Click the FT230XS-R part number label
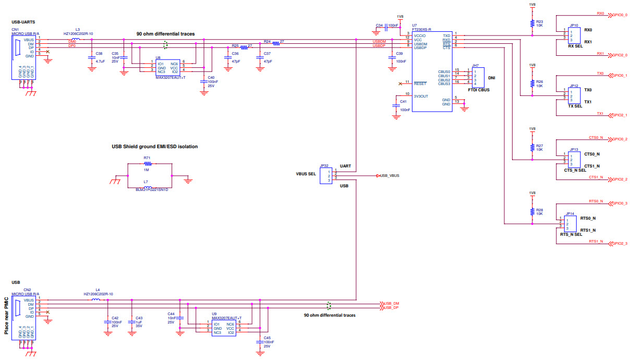click(421, 30)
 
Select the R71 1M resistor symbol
click(147, 163)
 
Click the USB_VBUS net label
click(390, 176)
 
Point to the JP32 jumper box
click(325, 176)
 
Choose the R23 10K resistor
click(532, 23)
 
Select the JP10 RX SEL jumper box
click(574, 36)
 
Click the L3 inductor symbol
click(76, 39)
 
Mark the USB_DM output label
click(391, 304)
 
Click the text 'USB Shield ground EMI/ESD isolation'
click(154, 147)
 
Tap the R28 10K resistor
click(532, 211)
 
